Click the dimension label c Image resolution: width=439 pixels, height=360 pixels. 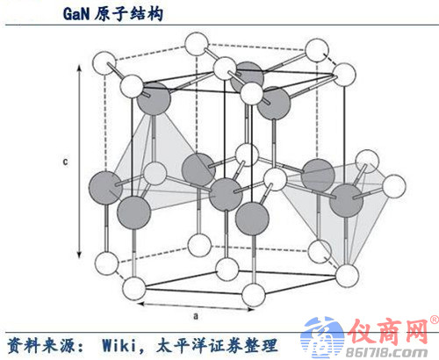[x=65, y=162]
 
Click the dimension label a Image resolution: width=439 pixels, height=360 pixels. [x=196, y=316]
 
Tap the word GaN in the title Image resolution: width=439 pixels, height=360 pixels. [x=76, y=13]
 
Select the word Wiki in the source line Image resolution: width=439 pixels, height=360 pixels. [x=119, y=345]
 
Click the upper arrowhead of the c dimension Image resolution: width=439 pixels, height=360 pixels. [x=79, y=68]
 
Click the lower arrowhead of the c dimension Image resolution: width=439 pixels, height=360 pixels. [x=79, y=255]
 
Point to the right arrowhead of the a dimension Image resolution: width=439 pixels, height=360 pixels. [x=250, y=309]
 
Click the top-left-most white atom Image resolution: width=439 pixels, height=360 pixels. [x=104, y=62]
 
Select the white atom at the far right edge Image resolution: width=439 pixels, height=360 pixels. [x=394, y=186]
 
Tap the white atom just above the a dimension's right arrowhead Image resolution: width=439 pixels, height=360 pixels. [x=254, y=295]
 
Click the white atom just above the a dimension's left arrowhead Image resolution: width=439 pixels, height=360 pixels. [x=133, y=288]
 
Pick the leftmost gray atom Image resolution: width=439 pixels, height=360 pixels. [x=105, y=188]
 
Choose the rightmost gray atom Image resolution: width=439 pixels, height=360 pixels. [x=346, y=200]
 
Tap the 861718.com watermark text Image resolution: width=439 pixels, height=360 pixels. [x=387, y=353]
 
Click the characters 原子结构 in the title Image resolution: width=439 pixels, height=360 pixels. [x=128, y=13]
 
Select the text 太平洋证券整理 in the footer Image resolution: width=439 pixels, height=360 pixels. [x=216, y=345]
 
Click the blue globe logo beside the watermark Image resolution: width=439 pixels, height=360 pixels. [x=323, y=337]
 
